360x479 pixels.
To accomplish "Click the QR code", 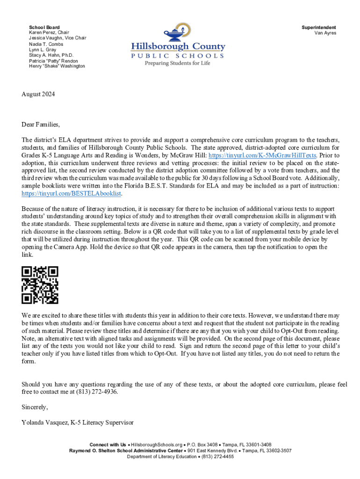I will click(x=40, y=285).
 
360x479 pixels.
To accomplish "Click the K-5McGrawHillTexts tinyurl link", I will click(x=263, y=155).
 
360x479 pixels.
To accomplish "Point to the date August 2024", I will click(x=38, y=94).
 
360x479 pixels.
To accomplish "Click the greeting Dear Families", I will click(x=41, y=125).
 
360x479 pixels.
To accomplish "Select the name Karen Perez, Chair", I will click(x=49, y=33).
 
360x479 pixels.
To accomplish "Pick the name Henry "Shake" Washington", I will click(x=57, y=66).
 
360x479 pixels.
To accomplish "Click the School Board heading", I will click(x=44, y=28).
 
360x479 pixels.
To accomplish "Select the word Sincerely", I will click(x=35, y=407).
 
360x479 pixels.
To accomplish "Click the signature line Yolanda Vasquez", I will click(x=78, y=422).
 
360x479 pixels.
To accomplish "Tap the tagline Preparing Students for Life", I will click(x=177, y=63).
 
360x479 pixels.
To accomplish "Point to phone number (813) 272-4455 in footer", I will click(x=217, y=457).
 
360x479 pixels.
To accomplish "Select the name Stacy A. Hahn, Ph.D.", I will click(x=51, y=55).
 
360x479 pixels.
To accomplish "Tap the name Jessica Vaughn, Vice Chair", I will click(x=58, y=38).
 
